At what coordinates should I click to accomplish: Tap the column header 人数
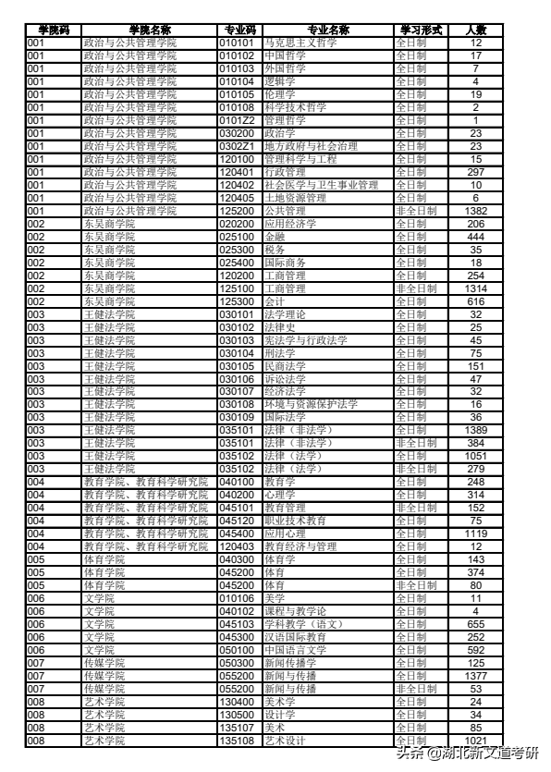475,30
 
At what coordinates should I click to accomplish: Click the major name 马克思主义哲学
300,43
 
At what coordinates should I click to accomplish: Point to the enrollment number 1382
475,211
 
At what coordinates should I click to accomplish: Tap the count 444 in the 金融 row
475,237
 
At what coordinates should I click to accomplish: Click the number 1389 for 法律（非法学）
475,431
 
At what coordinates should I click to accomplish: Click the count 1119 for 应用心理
475,533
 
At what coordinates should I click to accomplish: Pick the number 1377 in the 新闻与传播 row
475,676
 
